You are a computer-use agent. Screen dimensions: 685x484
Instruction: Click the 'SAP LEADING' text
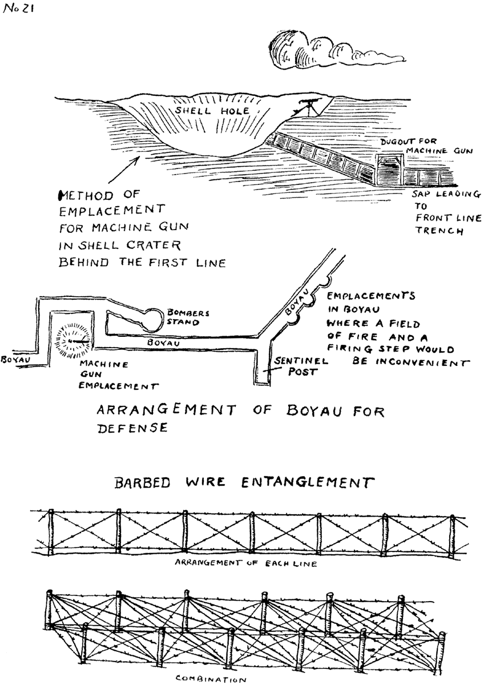(446, 195)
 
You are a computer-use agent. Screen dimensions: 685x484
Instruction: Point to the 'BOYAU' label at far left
(15, 361)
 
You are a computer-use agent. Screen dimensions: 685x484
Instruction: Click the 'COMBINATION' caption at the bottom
(211, 679)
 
